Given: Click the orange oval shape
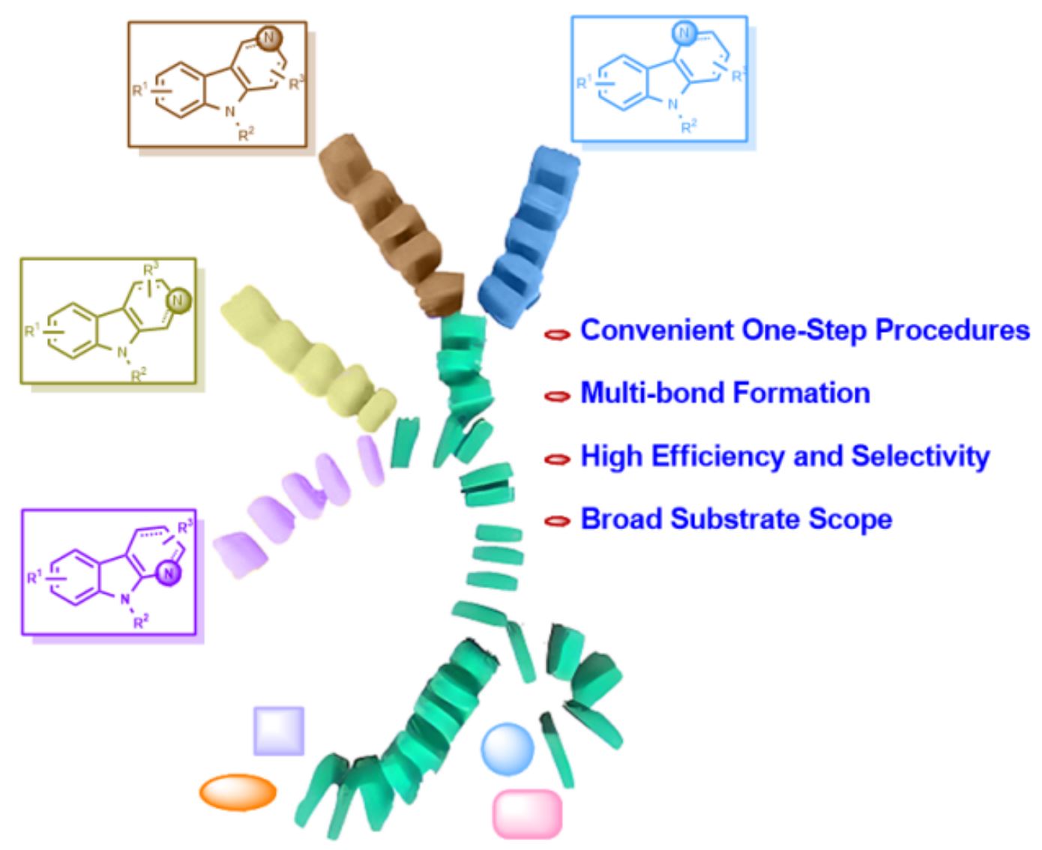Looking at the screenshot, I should (238, 792).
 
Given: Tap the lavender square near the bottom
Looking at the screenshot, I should (279, 730).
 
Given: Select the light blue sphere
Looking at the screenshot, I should (508, 749).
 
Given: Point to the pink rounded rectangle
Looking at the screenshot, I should (527, 813).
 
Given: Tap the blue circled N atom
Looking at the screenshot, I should (683, 32).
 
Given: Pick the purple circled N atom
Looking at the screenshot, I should (170, 575).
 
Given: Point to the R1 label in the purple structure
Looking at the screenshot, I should (34, 577).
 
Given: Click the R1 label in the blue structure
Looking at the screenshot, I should (584, 83).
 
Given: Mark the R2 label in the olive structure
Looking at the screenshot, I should (139, 375).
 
